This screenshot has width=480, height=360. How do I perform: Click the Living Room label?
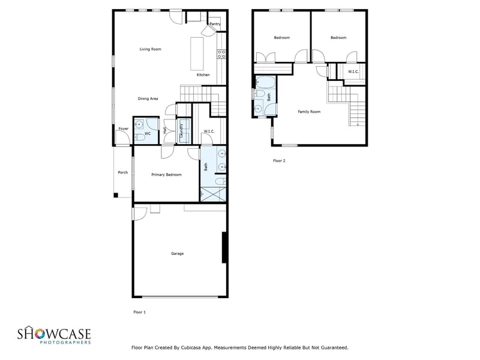151,49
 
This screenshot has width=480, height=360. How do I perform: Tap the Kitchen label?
203,74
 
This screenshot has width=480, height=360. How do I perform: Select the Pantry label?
215,24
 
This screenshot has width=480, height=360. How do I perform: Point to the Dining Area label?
148,98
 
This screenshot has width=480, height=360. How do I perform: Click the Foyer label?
123,128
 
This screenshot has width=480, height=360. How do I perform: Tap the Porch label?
123,172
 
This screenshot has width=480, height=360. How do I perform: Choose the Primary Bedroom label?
166,175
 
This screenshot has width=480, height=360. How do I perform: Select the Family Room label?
309,112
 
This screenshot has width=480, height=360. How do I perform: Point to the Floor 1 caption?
139,312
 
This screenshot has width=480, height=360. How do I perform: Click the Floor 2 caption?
279,161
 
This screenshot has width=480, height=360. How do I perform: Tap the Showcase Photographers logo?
53,335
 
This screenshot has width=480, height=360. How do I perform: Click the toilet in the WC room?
137,137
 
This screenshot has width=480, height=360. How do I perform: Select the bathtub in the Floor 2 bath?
265,82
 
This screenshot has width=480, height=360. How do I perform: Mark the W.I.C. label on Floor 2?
353,71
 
